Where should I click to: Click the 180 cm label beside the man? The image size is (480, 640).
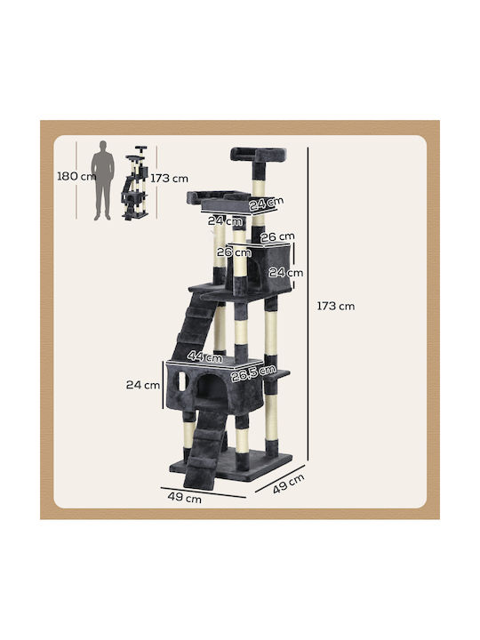click(76, 176)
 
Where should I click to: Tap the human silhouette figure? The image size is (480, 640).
click(102, 180)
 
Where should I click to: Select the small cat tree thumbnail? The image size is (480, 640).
click(135, 183)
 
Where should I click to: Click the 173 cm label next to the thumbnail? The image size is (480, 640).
click(170, 179)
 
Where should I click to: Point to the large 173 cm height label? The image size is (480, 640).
click(336, 306)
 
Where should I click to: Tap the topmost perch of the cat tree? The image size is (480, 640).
click(258, 155)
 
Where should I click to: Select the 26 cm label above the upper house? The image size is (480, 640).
click(277, 236)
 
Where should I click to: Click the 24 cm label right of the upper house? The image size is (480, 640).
click(285, 272)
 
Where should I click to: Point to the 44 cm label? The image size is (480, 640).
click(205, 356)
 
